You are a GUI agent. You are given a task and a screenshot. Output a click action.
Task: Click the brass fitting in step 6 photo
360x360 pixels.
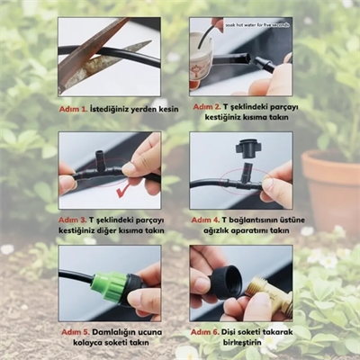pyautogui.click(x=270, y=297)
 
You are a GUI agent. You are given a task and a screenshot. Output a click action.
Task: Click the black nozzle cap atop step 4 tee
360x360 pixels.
pyautogui.click(x=247, y=147)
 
